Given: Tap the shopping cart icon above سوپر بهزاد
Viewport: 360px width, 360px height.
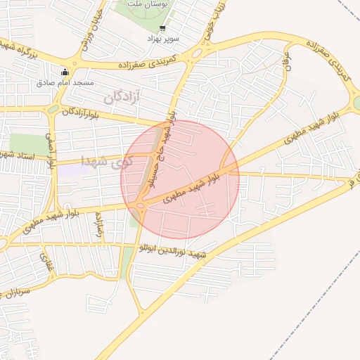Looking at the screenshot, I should [162, 29].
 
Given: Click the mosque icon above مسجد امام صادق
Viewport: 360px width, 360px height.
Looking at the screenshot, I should [65, 72].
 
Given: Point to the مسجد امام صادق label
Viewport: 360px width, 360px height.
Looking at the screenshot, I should [65, 83].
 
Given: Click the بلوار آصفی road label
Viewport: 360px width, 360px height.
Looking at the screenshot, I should [51, 152].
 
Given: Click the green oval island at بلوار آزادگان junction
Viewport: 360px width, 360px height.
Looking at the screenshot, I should [53, 109].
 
